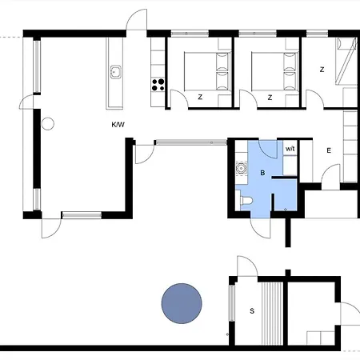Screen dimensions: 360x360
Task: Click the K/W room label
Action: [x=118, y=125]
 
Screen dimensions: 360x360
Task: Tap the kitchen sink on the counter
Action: [x=116, y=72]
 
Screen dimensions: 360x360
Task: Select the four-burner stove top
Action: [x=158, y=85]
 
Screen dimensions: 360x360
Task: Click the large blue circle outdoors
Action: [x=182, y=303]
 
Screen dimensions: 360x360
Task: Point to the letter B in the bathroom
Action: [x=262, y=173]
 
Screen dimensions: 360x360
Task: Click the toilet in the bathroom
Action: [x=246, y=200]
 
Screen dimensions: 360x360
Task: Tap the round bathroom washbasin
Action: [x=242, y=169]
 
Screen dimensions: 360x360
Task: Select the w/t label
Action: [x=290, y=149]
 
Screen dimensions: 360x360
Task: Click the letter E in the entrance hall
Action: [x=329, y=150]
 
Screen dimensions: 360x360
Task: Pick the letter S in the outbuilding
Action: [x=252, y=311]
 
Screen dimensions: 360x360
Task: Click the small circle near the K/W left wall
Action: [x=48, y=124]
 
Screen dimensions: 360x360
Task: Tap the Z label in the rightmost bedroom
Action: [x=322, y=70]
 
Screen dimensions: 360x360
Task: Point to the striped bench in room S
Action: [x=272, y=314]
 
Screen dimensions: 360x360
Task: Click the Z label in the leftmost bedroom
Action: [x=200, y=97]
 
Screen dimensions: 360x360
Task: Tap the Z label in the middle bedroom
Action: [x=270, y=98]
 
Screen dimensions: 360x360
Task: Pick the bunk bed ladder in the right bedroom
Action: [x=346, y=61]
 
